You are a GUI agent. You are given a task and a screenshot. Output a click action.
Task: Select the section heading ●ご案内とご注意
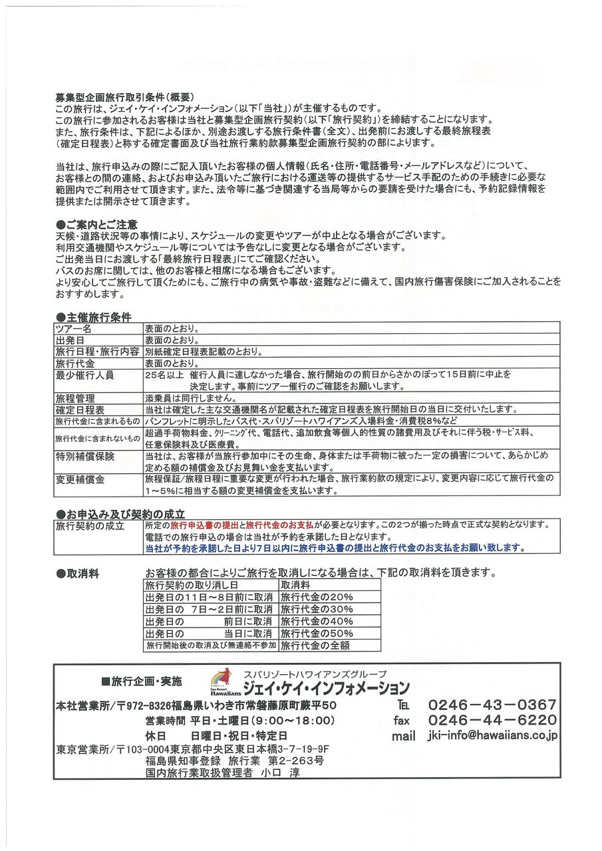click(97, 225)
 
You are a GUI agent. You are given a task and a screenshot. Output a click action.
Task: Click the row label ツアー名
click(74, 329)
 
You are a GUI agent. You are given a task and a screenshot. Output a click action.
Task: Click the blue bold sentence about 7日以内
click(335, 548)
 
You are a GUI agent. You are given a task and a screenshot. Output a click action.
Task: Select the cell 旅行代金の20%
click(317, 597)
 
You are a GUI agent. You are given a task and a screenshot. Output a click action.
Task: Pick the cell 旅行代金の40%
click(317, 621)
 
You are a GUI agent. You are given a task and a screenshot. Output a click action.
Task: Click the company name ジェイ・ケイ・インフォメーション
click(326, 687)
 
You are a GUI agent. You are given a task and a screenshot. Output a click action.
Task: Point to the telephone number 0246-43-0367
click(492, 705)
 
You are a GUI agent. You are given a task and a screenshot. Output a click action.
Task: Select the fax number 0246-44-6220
click(492, 720)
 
